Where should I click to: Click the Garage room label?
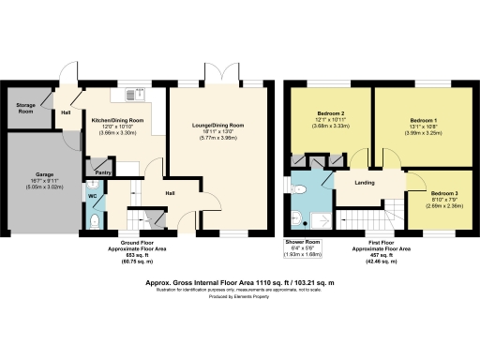44,174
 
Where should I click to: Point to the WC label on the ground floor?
93,196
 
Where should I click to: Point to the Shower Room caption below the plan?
302,241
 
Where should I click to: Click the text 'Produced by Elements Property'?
240,296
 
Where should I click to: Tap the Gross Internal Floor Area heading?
240,280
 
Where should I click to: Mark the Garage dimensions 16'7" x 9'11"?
44,181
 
